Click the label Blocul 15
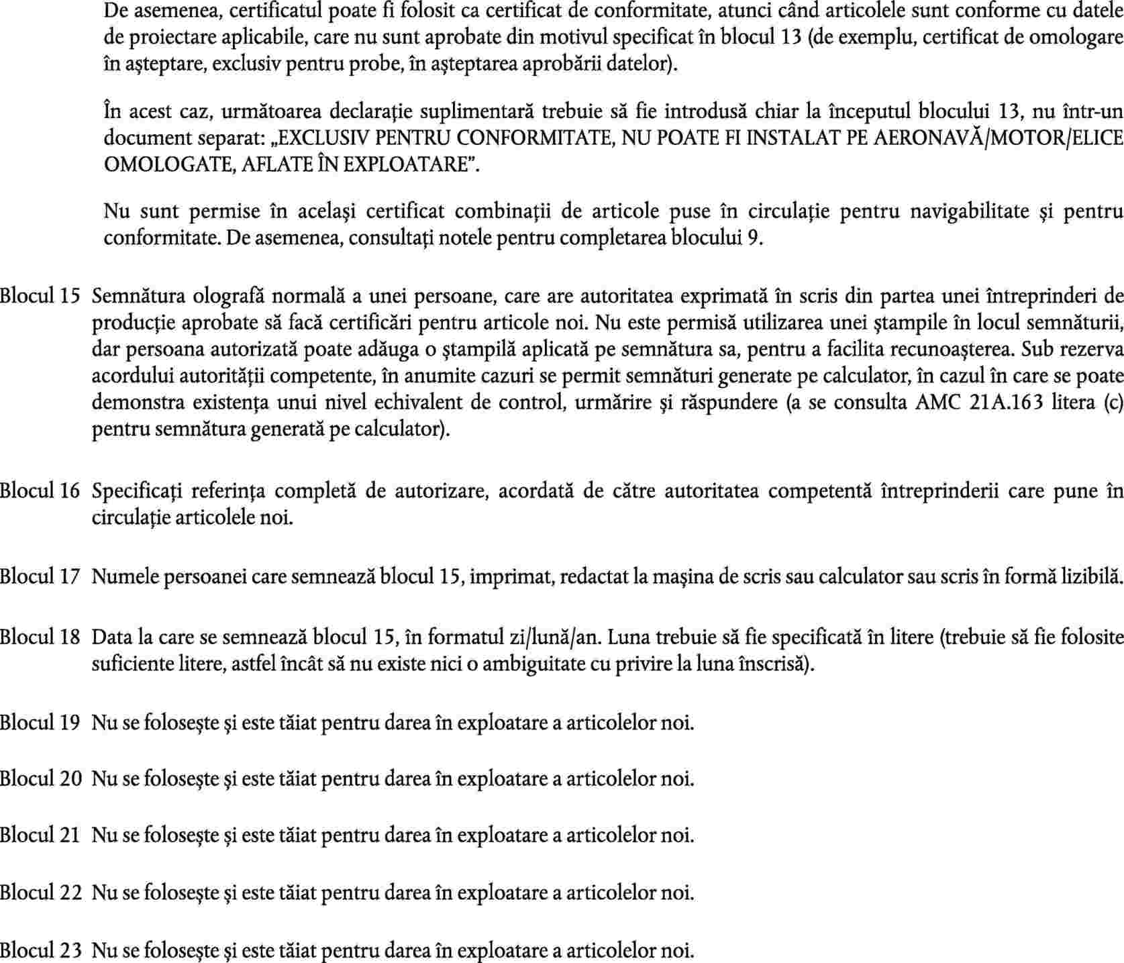coord(40,296)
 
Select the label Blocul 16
coord(40,491)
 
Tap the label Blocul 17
coord(40,576)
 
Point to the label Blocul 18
coord(40,636)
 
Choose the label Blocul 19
coord(40,723)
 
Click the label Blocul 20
coord(40,779)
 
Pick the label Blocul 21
coord(40,835)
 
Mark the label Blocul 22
coord(40,893)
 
